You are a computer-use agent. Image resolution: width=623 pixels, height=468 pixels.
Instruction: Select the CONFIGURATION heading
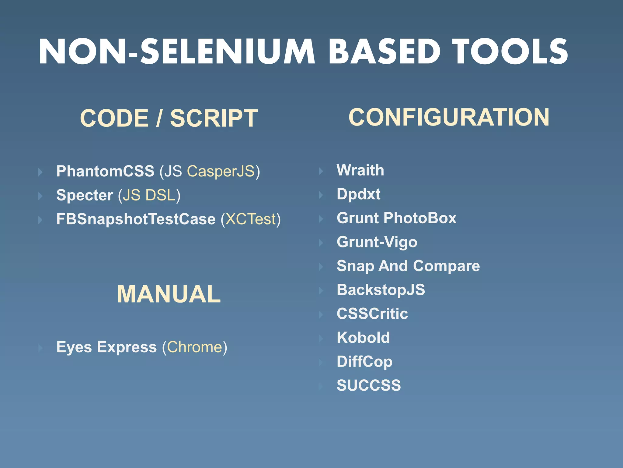point(449,117)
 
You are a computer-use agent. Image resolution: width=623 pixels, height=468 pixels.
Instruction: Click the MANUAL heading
point(169,294)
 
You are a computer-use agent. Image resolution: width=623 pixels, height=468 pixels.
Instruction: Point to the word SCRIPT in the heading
point(214,118)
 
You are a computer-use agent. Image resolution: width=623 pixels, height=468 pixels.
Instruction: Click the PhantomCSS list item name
point(105,171)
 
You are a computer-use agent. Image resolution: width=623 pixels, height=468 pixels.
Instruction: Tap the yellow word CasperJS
point(221,171)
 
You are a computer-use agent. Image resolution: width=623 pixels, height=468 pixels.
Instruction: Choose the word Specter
point(85,195)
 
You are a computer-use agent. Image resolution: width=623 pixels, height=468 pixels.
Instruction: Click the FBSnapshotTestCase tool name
point(136,219)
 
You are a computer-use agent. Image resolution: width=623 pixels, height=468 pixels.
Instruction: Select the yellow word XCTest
point(251,219)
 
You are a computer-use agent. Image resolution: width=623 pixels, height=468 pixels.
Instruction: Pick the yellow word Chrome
point(195,347)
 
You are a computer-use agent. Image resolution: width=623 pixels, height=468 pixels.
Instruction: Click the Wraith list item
point(360,170)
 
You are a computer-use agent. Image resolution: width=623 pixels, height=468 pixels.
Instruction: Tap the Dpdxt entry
point(359,194)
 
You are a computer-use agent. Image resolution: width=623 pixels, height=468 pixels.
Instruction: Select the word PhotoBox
point(420,218)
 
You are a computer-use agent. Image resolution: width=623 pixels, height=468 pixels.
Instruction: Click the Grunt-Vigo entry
point(377,242)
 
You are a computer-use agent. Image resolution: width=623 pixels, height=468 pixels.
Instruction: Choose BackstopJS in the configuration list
point(381,290)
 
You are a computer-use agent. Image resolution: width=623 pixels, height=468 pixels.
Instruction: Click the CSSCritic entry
point(372,314)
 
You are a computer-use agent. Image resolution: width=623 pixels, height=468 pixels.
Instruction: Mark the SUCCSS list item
point(369,385)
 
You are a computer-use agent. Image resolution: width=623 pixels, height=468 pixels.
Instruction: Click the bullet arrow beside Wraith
point(321,171)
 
